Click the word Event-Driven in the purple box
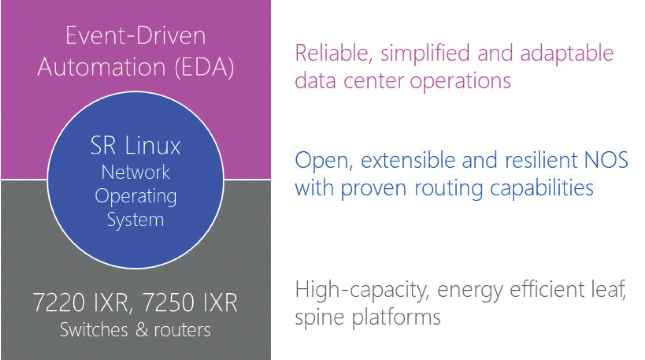click(x=135, y=36)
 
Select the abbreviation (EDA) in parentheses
click(x=204, y=67)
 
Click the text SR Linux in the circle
click(x=135, y=146)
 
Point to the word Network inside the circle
click(x=135, y=172)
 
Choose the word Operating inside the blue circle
click(x=135, y=196)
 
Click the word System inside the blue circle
click(x=135, y=220)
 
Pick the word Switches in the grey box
click(x=94, y=330)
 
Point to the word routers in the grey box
click(x=182, y=330)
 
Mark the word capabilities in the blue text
click(x=542, y=188)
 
